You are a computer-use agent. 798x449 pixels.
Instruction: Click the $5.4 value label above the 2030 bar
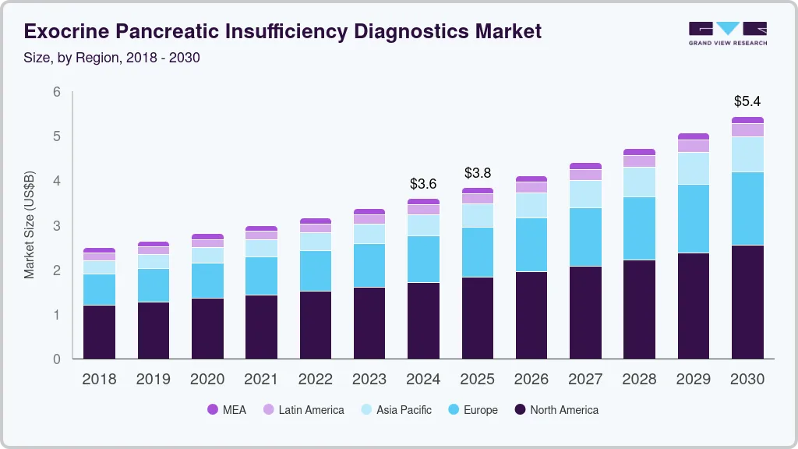[x=747, y=101]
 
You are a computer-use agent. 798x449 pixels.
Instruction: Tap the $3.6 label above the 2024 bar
[x=423, y=184]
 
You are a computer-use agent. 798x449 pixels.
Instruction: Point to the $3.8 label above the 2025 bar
[x=478, y=173]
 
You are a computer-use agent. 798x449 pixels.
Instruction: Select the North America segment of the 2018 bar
[x=99, y=332]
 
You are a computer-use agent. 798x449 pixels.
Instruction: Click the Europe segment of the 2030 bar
[x=747, y=208]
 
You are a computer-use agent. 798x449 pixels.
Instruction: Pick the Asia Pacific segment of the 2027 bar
[x=585, y=194]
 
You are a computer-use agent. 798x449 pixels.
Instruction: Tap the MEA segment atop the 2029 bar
[x=693, y=136]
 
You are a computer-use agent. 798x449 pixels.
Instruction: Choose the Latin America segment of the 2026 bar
[x=531, y=187]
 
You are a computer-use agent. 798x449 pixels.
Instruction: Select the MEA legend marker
[x=213, y=410]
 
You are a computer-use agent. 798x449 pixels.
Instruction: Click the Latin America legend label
[x=311, y=410]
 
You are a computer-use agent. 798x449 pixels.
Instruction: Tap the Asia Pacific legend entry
[x=404, y=410]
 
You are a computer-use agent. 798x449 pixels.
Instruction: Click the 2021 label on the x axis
[x=261, y=380]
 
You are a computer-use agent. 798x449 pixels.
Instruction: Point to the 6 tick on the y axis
[x=56, y=92]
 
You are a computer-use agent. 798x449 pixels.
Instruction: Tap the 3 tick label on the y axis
[x=56, y=226]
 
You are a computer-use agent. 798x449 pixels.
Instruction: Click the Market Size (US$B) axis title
[x=30, y=224]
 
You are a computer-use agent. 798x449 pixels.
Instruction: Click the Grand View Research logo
[x=727, y=34]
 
